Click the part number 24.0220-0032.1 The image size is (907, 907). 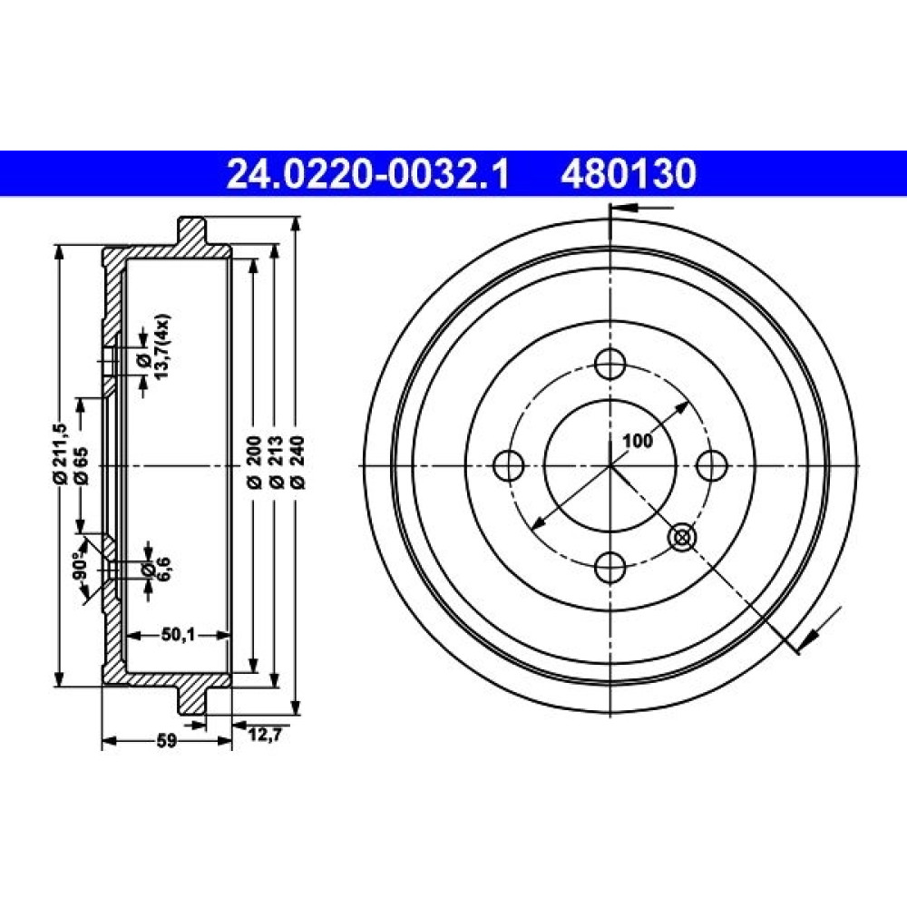click(x=368, y=174)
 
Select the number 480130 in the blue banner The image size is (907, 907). click(x=629, y=174)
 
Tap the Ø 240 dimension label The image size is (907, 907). click(x=298, y=463)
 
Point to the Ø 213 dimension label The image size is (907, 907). click(x=276, y=463)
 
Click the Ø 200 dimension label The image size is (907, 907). click(x=254, y=463)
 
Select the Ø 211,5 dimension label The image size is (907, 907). click(x=60, y=453)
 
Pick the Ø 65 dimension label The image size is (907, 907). click(x=81, y=465)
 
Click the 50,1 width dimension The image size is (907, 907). click(x=178, y=635)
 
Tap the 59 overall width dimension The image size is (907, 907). click(x=167, y=741)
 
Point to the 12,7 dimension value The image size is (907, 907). click(x=265, y=735)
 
